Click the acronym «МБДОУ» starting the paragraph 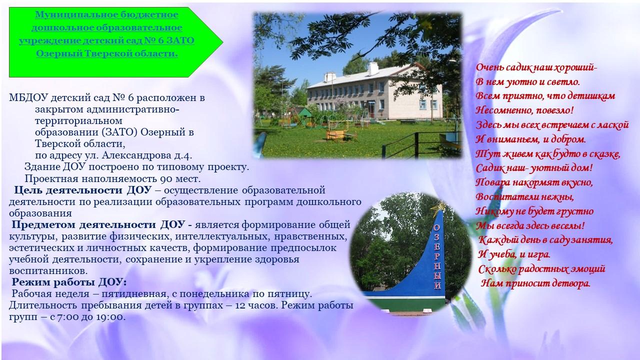click(28, 98)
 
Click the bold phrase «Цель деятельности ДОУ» click(83, 190)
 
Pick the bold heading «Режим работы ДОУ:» click(69, 282)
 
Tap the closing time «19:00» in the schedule click(110, 317)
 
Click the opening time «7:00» click(67, 317)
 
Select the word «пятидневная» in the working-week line click(134, 294)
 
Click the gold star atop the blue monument click(438, 206)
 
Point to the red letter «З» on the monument click(436, 237)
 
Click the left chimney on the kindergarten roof click(330, 76)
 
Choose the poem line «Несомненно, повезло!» click(524, 110)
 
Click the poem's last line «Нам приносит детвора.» click(535, 283)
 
